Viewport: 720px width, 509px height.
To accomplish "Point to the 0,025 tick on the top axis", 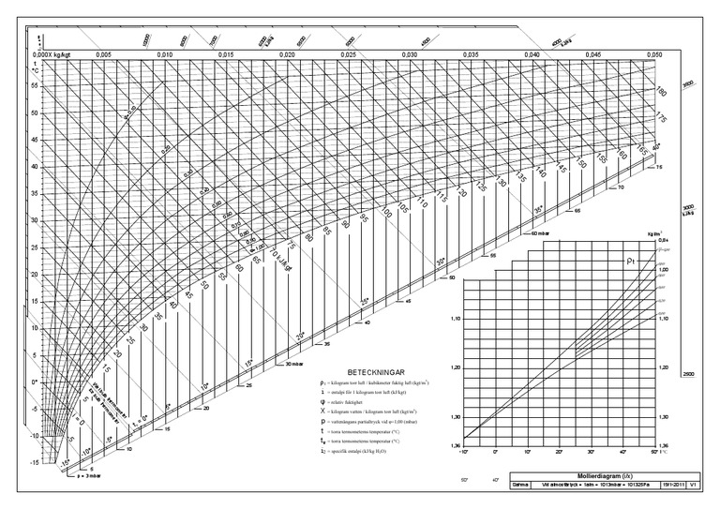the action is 348,56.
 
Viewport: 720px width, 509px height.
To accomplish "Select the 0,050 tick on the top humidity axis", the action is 654,56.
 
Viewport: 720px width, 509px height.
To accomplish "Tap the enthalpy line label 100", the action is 387,214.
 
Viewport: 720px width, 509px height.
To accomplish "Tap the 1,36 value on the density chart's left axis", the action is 456,444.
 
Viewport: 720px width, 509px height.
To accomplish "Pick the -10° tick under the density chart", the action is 464,452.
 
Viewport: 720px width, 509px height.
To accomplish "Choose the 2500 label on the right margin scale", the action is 687,373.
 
